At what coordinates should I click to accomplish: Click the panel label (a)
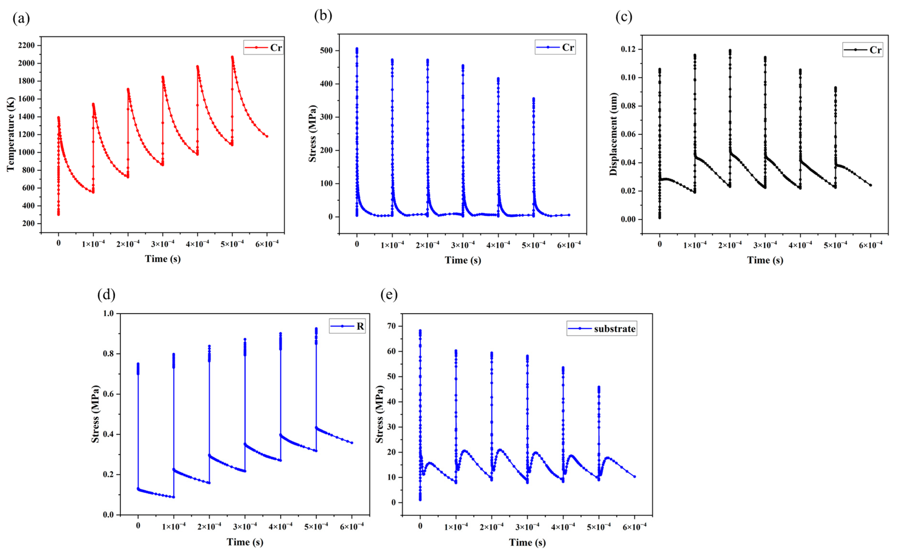point(21,18)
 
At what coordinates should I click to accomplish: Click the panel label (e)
point(389,295)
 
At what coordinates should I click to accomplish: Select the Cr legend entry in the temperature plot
point(263,48)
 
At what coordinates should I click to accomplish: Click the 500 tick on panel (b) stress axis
point(326,51)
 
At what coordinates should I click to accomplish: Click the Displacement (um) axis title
point(613,134)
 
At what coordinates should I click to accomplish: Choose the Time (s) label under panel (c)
point(765,260)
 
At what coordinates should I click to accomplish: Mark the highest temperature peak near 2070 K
point(232,57)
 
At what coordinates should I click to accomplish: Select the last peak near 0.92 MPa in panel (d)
point(316,328)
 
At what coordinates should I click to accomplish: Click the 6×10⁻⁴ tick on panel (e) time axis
point(634,527)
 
